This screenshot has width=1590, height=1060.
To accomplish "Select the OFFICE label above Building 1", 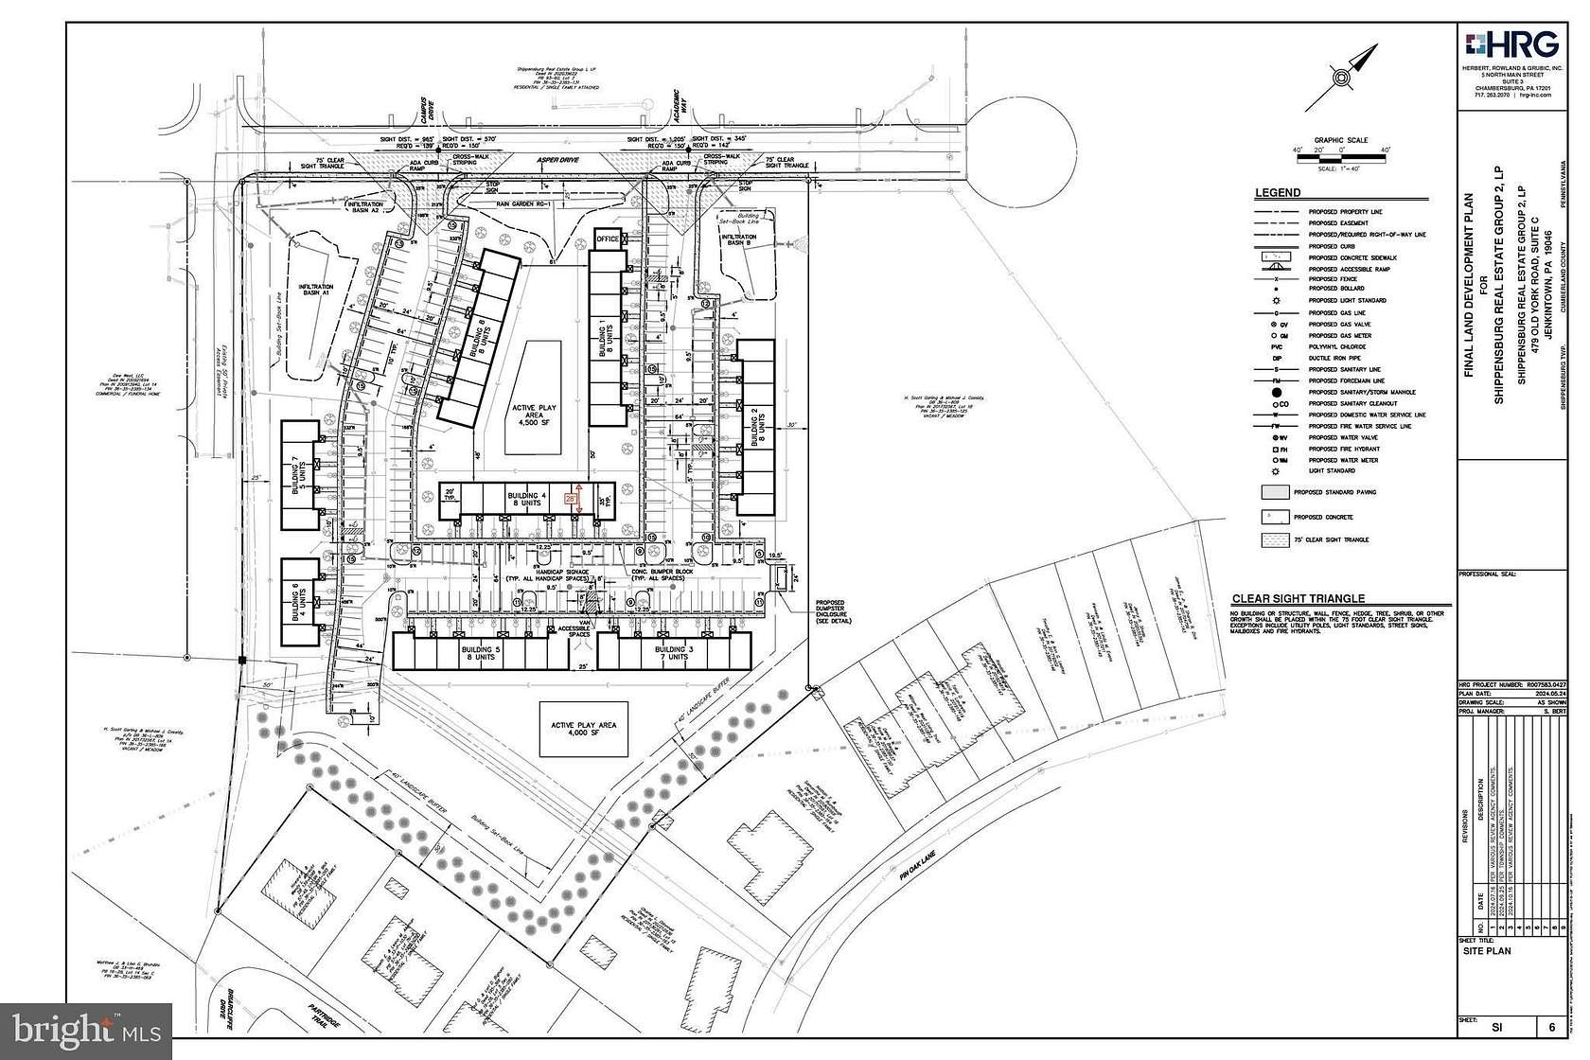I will tap(608, 238).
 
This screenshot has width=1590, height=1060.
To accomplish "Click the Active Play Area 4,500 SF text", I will tap(535, 415).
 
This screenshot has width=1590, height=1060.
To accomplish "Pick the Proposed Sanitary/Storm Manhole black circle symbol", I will tap(1276, 392).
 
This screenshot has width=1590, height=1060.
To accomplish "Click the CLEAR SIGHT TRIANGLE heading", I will tap(1298, 598).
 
